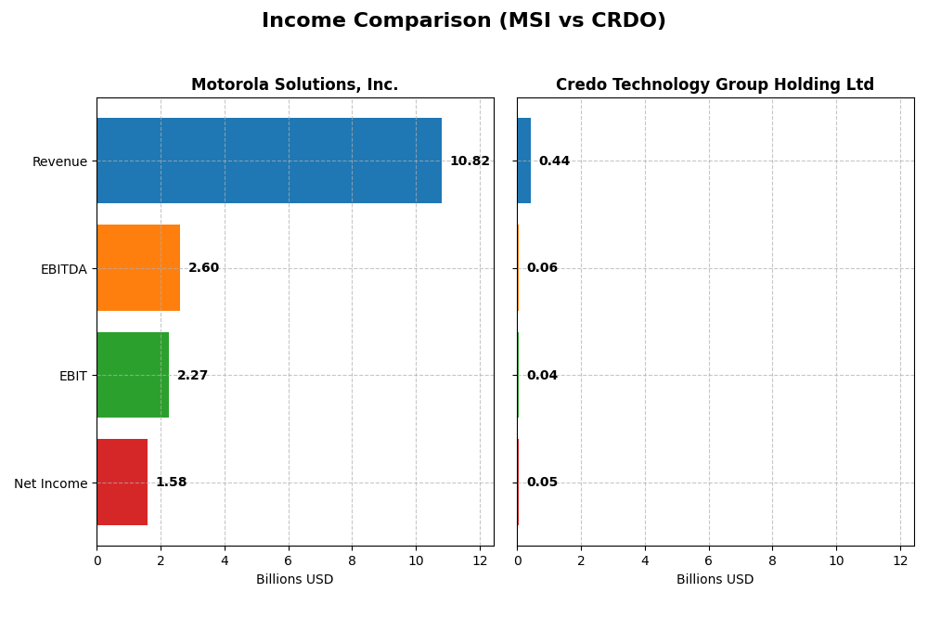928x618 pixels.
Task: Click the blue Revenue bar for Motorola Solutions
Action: point(269,161)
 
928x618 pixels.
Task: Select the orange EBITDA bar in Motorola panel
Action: point(138,268)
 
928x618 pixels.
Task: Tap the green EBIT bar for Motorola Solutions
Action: point(133,375)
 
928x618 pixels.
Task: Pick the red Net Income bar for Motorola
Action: point(122,483)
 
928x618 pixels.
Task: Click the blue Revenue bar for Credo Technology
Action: point(523,161)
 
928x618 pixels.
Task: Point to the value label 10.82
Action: point(470,161)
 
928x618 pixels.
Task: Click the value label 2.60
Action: point(203,268)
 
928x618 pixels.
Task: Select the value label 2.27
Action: point(192,376)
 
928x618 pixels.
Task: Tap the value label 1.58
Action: point(171,483)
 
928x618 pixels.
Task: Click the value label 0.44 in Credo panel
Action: point(554,161)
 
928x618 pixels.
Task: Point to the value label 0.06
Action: point(542,268)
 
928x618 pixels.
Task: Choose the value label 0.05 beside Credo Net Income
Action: point(542,483)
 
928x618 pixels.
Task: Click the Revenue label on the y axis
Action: point(59,161)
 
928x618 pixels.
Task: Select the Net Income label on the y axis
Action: point(50,483)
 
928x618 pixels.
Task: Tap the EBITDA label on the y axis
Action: point(63,269)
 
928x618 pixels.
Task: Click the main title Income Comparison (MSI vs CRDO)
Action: point(463,20)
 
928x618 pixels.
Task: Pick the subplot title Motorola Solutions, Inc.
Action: point(294,85)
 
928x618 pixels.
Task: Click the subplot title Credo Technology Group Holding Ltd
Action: point(715,85)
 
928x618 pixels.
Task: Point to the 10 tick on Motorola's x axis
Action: point(416,560)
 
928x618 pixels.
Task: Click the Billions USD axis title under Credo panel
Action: point(715,580)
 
